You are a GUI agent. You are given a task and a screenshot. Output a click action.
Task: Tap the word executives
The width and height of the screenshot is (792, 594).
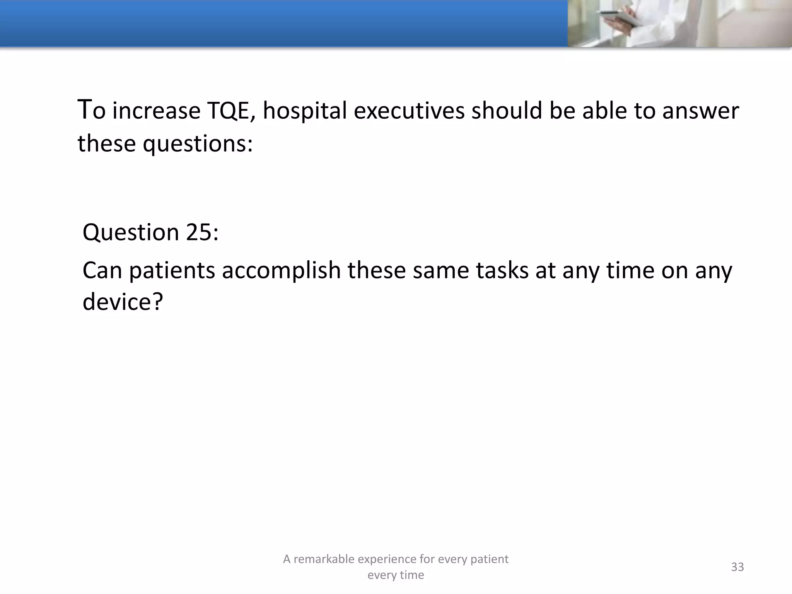(409, 111)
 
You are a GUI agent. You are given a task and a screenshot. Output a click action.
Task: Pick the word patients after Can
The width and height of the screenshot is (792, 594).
(172, 270)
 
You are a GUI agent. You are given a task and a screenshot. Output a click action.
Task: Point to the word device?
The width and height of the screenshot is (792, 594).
(123, 302)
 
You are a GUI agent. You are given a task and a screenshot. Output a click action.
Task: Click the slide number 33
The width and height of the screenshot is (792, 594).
(737, 567)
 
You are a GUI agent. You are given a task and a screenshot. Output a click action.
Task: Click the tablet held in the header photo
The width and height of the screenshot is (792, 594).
(618, 16)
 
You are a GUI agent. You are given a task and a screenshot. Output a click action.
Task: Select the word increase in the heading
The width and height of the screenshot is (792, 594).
(157, 111)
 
